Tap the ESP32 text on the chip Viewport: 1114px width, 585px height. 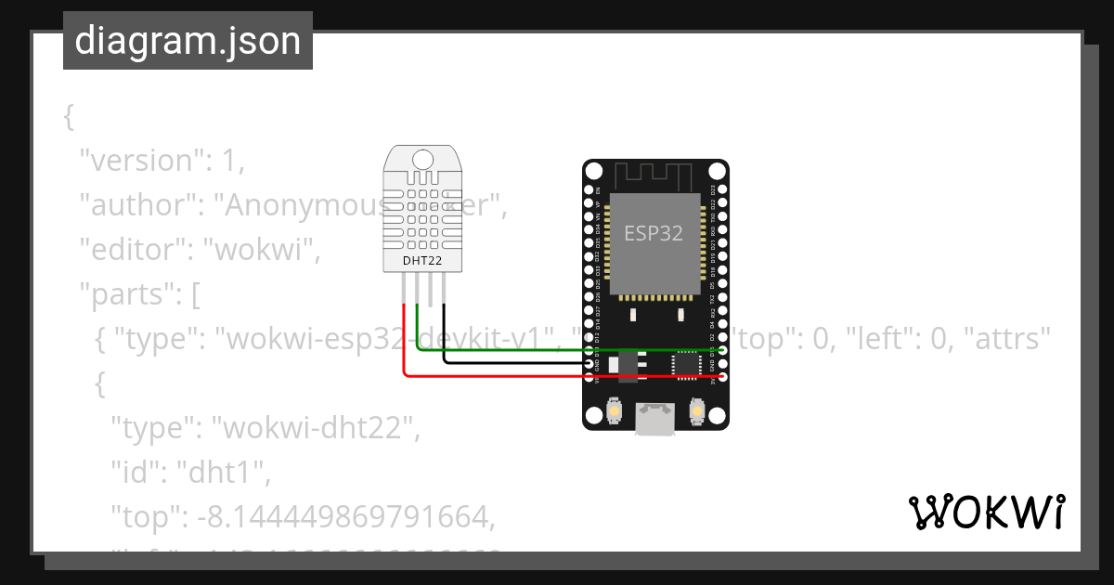pos(654,233)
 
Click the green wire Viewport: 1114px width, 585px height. pos(520,350)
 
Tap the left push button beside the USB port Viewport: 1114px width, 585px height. pos(613,410)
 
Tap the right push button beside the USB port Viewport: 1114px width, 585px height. pos(698,410)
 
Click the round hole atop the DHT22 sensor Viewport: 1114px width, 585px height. pos(422,159)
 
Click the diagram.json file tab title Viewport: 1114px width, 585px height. pos(188,41)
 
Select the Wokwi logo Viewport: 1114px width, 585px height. pos(986,513)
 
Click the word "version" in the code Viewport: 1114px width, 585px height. pos(140,161)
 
